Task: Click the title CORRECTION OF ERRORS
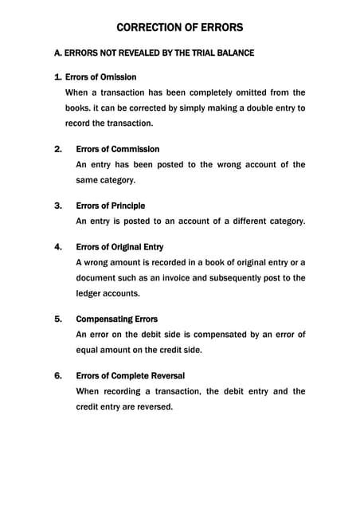point(180,28)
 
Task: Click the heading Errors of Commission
point(117,149)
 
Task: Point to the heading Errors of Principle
point(110,206)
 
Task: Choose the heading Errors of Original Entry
point(119,247)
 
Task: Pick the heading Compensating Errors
point(116,319)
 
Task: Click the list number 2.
point(57,149)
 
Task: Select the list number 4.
point(57,247)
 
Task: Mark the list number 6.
point(57,375)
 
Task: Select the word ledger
point(89,293)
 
